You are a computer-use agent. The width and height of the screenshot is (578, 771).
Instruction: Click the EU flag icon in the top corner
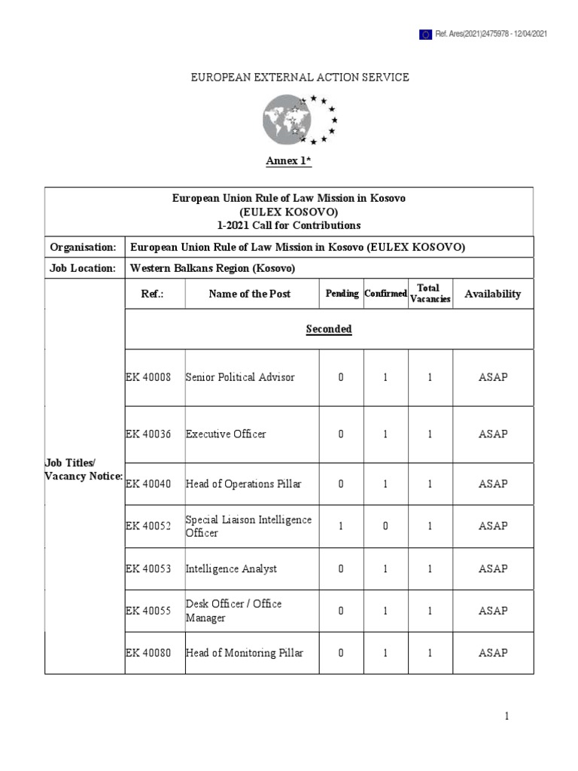(x=425, y=34)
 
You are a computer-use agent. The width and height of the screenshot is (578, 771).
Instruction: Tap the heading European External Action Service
(x=300, y=77)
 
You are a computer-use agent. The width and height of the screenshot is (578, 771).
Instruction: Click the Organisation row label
(x=83, y=247)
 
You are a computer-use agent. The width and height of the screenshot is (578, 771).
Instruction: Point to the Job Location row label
(x=83, y=268)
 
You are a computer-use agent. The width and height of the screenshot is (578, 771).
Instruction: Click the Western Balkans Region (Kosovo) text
(x=213, y=268)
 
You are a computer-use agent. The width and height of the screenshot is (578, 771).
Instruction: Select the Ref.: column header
(x=152, y=294)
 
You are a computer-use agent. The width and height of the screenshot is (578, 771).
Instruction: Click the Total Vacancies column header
(x=429, y=294)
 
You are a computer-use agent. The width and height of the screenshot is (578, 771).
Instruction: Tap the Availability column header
(x=492, y=294)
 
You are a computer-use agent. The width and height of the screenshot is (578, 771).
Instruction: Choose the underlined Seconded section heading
(x=329, y=329)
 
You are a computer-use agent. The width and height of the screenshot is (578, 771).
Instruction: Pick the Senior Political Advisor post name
(x=240, y=377)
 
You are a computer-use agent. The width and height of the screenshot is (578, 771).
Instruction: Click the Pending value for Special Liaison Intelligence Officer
(x=341, y=526)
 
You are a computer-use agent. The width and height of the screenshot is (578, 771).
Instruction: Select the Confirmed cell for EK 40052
(x=385, y=526)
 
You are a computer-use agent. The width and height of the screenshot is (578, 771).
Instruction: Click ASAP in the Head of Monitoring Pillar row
(x=493, y=653)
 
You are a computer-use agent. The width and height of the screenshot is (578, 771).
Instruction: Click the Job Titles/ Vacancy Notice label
(x=83, y=470)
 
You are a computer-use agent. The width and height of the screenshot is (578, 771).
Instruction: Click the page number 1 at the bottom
(x=507, y=717)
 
